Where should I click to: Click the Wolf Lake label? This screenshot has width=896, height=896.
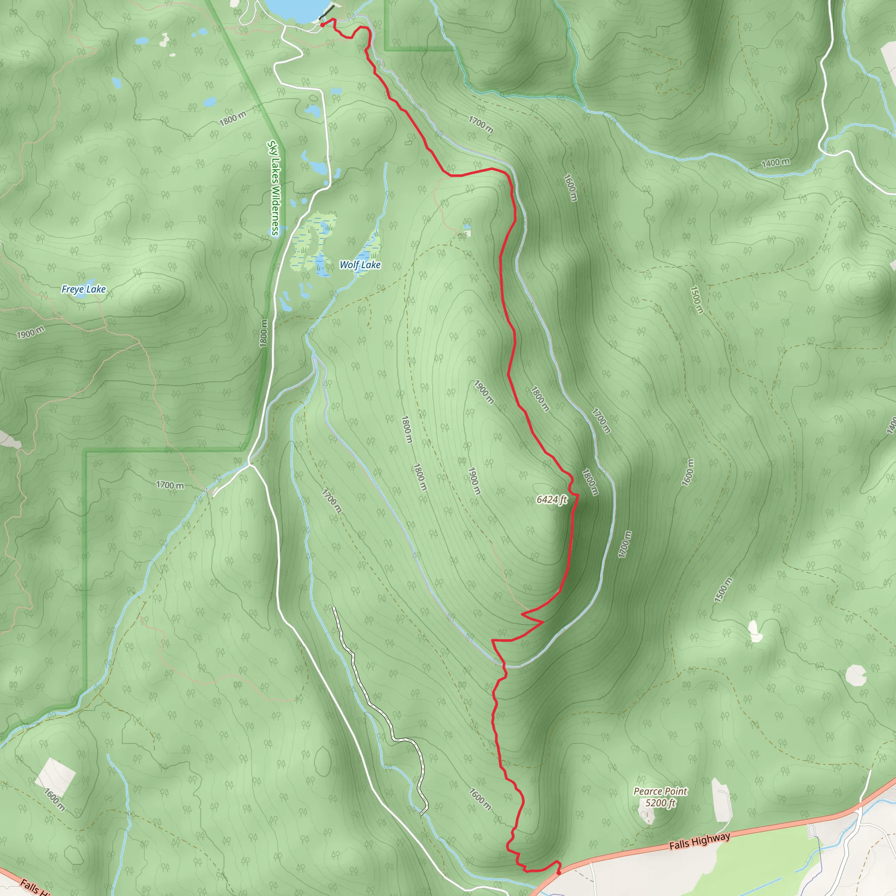[360, 265]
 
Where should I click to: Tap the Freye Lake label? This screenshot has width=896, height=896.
[84, 289]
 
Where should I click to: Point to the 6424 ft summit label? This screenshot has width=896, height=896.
[551, 500]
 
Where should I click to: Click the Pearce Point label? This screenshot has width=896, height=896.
[660, 791]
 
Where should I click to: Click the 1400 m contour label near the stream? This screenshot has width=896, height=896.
[775, 163]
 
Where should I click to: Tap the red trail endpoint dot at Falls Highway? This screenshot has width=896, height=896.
[558, 872]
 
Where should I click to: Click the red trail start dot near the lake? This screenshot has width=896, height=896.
[322, 25]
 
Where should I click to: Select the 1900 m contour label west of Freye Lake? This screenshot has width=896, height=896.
[31, 332]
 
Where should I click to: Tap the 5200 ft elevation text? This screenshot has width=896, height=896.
[660, 803]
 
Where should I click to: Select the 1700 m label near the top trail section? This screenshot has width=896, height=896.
[480, 124]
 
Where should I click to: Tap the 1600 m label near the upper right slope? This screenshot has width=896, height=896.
[570, 187]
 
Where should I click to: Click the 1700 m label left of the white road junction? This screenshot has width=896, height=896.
[169, 485]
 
